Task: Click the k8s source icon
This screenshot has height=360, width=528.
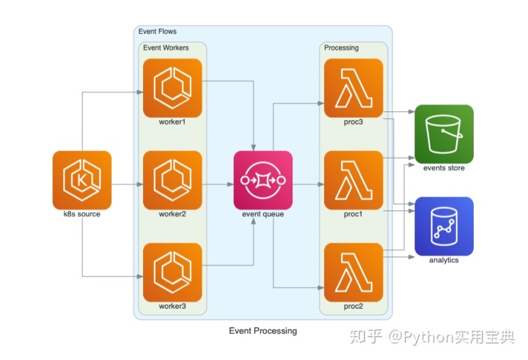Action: [x=82, y=180]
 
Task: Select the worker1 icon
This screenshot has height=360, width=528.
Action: [x=172, y=88]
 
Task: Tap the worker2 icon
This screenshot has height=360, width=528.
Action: [x=172, y=180]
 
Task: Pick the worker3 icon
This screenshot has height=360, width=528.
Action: [x=172, y=272]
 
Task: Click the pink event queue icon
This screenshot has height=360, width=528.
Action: [x=263, y=180]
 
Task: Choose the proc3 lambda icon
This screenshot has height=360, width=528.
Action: [x=353, y=88]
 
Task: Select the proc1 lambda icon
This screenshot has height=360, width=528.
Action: [x=353, y=180]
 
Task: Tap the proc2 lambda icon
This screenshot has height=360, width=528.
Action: [x=353, y=272]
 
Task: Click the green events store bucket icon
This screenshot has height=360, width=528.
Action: [x=444, y=134]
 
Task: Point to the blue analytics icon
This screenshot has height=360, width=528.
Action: [x=444, y=227]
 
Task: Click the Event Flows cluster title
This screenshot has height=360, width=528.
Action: [x=157, y=32]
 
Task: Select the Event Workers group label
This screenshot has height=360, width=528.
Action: [x=166, y=48]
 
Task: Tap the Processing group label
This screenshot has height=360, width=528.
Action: [x=341, y=48]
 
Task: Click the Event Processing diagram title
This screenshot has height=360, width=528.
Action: [x=263, y=331]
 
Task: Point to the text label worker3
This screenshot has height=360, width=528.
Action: [x=172, y=306]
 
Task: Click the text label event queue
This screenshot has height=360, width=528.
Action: [x=263, y=214]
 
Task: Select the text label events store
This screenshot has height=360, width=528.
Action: [x=444, y=168]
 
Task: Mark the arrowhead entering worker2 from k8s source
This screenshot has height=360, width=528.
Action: [x=140, y=184]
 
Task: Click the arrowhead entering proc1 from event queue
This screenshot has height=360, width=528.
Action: [x=321, y=184]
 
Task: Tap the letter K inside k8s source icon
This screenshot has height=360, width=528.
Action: [x=81, y=181]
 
